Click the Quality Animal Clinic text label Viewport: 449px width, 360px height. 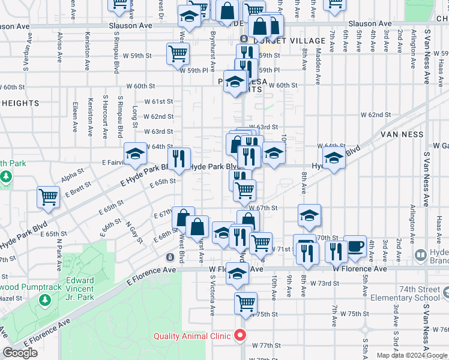(x=192, y=336)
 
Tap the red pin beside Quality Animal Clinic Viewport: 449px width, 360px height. (x=241, y=335)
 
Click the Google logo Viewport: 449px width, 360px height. (x=20, y=353)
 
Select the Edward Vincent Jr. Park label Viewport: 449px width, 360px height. (x=80, y=288)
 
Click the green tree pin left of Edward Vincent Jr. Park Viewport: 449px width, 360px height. (x=44, y=299)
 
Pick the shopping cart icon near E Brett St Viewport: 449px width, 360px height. (x=48, y=197)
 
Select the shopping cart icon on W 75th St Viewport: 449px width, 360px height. (x=246, y=303)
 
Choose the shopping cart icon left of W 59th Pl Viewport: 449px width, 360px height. (x=178, y=53)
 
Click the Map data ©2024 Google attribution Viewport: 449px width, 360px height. (x=411, y=355)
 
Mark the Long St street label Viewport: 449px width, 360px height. (x=135, y=113)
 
